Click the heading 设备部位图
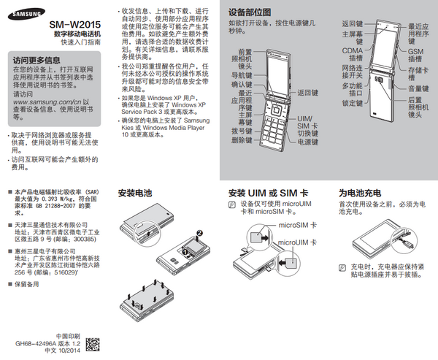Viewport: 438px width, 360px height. (250, 12)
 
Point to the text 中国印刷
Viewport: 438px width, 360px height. (67, 333)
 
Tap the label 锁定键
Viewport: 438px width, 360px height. (353, 103)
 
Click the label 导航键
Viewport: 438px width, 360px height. (242, 74)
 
